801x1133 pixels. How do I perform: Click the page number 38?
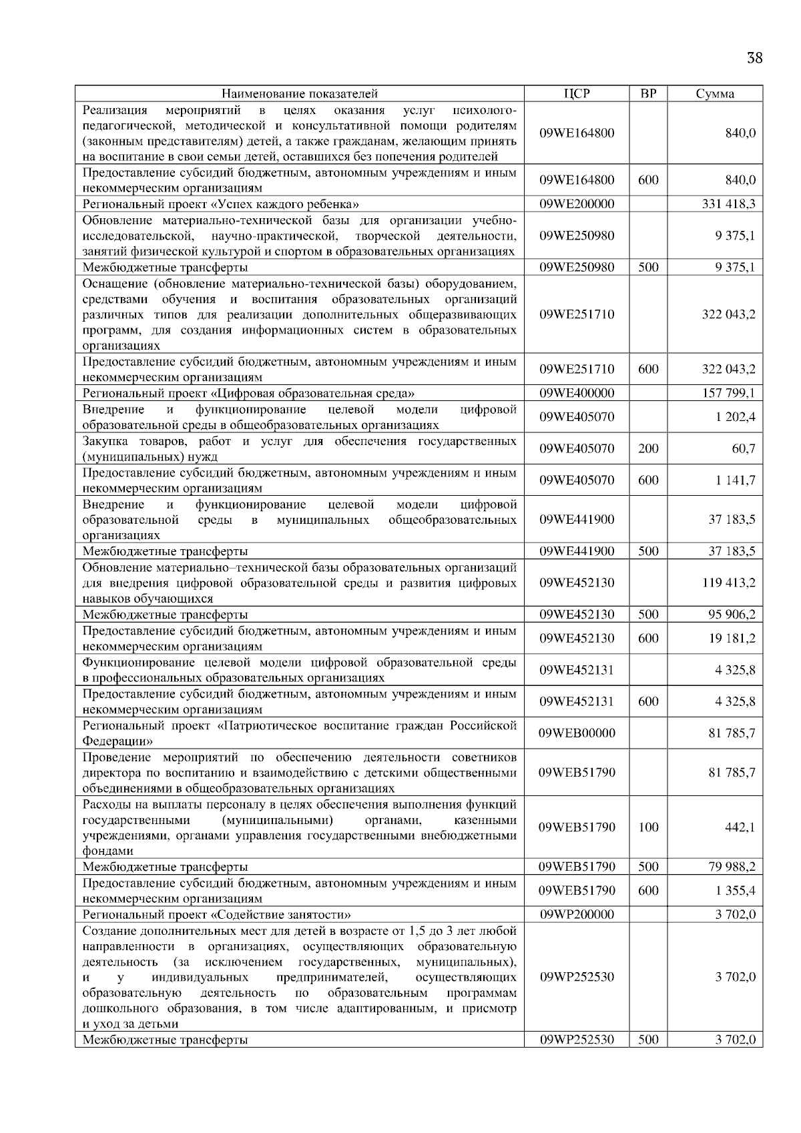[754, 58]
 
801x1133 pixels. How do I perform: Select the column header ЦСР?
[577, 93]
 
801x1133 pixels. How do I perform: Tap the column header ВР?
[648, 93]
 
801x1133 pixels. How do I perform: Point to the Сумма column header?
[715, 93]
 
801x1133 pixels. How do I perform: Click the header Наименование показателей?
[300, 93]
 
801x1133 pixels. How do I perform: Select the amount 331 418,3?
[728, 204]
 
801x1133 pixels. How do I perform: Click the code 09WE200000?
[577, 204]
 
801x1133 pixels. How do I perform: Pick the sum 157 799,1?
[728, 393]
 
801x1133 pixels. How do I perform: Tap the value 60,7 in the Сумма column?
[743, 448]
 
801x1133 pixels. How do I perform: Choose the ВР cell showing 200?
[648, 448]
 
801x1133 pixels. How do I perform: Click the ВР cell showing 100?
[648, 827]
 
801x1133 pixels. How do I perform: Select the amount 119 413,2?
[728, 583]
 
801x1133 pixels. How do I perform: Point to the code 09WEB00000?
[577, 733]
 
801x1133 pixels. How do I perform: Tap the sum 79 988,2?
[732, 867]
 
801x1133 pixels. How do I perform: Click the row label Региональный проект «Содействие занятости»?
[217, 914]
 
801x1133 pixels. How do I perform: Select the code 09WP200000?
[577, 914]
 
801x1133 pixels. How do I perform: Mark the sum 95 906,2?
[732, 614]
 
